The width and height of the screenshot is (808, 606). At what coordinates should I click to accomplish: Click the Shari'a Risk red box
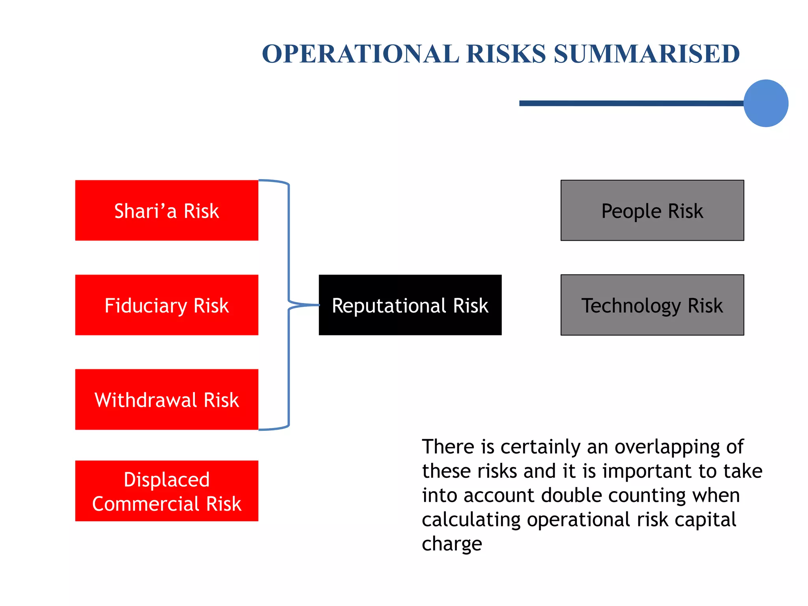(x=166, y=210)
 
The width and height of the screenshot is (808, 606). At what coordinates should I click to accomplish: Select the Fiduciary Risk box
(x=166, y=305)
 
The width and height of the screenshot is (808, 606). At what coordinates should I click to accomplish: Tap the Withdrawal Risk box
(x=166, y=399)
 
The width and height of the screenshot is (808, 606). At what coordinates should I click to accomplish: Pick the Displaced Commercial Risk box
(x=166, y=491)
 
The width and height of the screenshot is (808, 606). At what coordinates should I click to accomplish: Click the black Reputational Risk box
(x=410, y=305)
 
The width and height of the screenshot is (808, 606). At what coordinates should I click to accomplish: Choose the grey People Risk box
(x=652, y=210)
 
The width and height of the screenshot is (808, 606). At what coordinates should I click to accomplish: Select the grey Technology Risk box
(x=652, y=305)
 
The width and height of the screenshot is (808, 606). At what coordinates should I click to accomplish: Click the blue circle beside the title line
(x=765, y=103)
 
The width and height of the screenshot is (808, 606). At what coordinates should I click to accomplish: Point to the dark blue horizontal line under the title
(x=631, y=103)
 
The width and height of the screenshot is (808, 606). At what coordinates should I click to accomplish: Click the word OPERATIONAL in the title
(x=360, y=54)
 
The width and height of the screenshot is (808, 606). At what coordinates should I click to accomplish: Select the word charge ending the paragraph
(x=452, y=544)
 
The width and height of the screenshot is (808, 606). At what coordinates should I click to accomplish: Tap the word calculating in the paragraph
(x=471, y=520)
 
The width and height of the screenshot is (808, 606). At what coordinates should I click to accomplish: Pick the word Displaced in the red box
(x=166, y=480)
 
